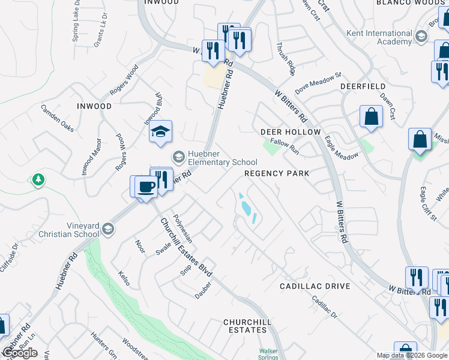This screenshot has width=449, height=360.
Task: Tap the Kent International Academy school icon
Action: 421,37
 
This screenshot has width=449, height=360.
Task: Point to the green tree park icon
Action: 38,179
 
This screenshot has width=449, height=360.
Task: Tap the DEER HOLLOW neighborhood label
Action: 291,131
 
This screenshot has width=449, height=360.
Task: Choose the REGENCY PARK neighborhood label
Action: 277,173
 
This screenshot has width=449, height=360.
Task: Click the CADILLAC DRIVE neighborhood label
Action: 315,286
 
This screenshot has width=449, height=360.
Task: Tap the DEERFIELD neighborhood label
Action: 363,86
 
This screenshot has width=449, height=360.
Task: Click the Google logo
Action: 19,353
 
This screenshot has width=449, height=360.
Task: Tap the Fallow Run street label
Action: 285,145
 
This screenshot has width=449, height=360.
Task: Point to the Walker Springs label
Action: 270,354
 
